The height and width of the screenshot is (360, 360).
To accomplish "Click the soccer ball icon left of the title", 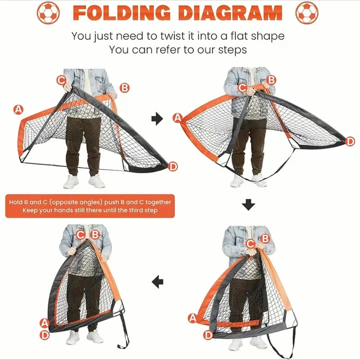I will [48, 13].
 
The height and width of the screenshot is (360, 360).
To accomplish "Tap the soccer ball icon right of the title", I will [307, 13].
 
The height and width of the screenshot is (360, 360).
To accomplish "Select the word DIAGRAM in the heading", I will [230, 13].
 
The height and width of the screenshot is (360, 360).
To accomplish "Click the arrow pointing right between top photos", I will [157, 119].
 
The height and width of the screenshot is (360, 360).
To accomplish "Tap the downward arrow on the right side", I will [248, 205].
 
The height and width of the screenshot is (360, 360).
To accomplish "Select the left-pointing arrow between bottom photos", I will [157, 282].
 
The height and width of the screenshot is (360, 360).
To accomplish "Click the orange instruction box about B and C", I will [90, 206].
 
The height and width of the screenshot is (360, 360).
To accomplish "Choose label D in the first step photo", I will [173, 166].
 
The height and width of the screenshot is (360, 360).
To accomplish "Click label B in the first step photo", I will [124, 88].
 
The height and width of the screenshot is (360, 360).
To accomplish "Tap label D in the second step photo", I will [350, 141].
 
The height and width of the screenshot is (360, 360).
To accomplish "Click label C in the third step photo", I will [250, 244].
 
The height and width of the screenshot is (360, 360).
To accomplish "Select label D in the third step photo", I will [208, 336].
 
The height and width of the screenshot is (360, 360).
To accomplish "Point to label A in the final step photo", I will [44, 323].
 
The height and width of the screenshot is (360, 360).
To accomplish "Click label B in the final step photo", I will [95, 235].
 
